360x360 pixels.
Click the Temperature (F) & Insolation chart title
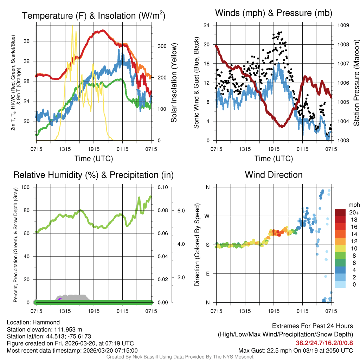pyautogui.click(x=94, y=15)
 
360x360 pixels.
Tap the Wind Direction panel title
pyautogui.click(x=274, y=175)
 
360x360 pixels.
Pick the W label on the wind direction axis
pyautogui.click(x=208, y=216)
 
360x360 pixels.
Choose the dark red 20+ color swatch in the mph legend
pyautogui.click(x=340, y=212)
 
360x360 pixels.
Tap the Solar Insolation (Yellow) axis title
pyautogui.click(x=174, y=83)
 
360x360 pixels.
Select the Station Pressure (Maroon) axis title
pyautogui.click(x=356, y=83)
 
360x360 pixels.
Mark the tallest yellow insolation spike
pyautogui.click(x=72, y=27)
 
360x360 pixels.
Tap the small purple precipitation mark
pyautogui.click(x=60, y=299)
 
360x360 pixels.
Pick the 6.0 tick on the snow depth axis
pyautogui.click(x=181, y=210)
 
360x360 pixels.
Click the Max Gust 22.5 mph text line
pyautogui.click(x=295, y=350)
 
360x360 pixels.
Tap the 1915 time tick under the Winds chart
pyautogui.click(x=274, y=149)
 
